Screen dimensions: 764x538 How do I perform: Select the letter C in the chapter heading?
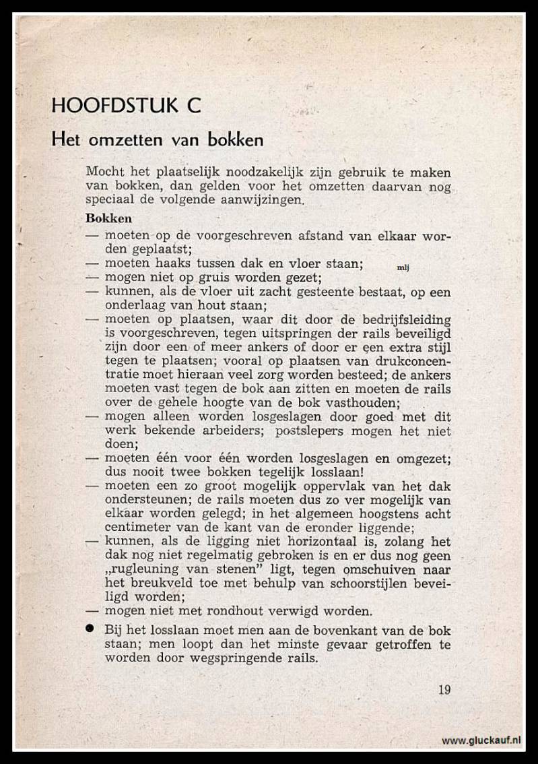(192, 106)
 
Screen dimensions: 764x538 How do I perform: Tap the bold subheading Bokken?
(109, 218)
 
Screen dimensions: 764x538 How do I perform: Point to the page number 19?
(444, 689)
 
